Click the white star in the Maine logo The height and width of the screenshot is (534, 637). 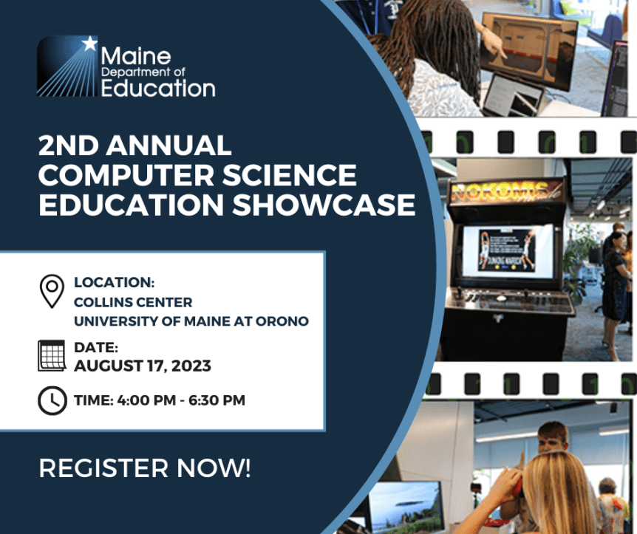tap(89, 44)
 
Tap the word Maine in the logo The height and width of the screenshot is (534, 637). tap(135, 56)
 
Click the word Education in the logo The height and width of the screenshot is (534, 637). tap(157, 89)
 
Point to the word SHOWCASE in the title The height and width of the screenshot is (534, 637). tap(324, 205)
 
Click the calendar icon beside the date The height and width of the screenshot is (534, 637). tap(52, 356)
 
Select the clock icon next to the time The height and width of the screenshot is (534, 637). tap(52, 400)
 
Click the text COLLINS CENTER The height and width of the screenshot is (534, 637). tap(133, 302)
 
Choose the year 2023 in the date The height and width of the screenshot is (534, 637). tap(191, 366)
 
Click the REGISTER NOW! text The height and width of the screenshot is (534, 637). tap(145, 468)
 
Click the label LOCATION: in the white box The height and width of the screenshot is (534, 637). tap(114, 282)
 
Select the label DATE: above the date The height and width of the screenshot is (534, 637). tap(96, 347)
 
